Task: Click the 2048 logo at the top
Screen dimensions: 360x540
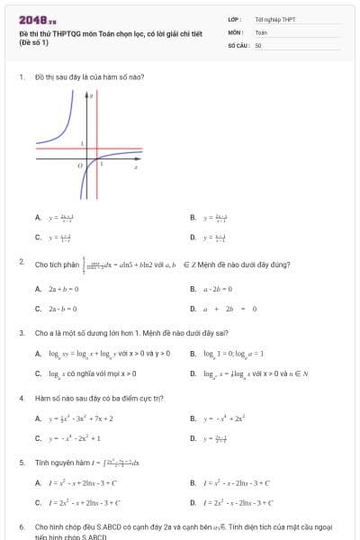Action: click(37, 19)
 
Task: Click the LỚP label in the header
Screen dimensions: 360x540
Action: click(234, 18)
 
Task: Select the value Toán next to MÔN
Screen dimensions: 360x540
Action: click(261, 31)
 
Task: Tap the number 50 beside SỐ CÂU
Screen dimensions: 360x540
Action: click(258, 44)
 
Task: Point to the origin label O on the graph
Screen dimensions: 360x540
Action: click(79, 166)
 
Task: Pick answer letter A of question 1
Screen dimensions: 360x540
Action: click(37, 217)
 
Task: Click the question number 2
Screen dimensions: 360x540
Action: click(21, 261)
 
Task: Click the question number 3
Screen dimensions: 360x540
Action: click(21, 332)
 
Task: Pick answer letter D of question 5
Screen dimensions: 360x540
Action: click(193, 503)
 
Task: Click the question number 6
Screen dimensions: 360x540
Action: click(21, 526)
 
